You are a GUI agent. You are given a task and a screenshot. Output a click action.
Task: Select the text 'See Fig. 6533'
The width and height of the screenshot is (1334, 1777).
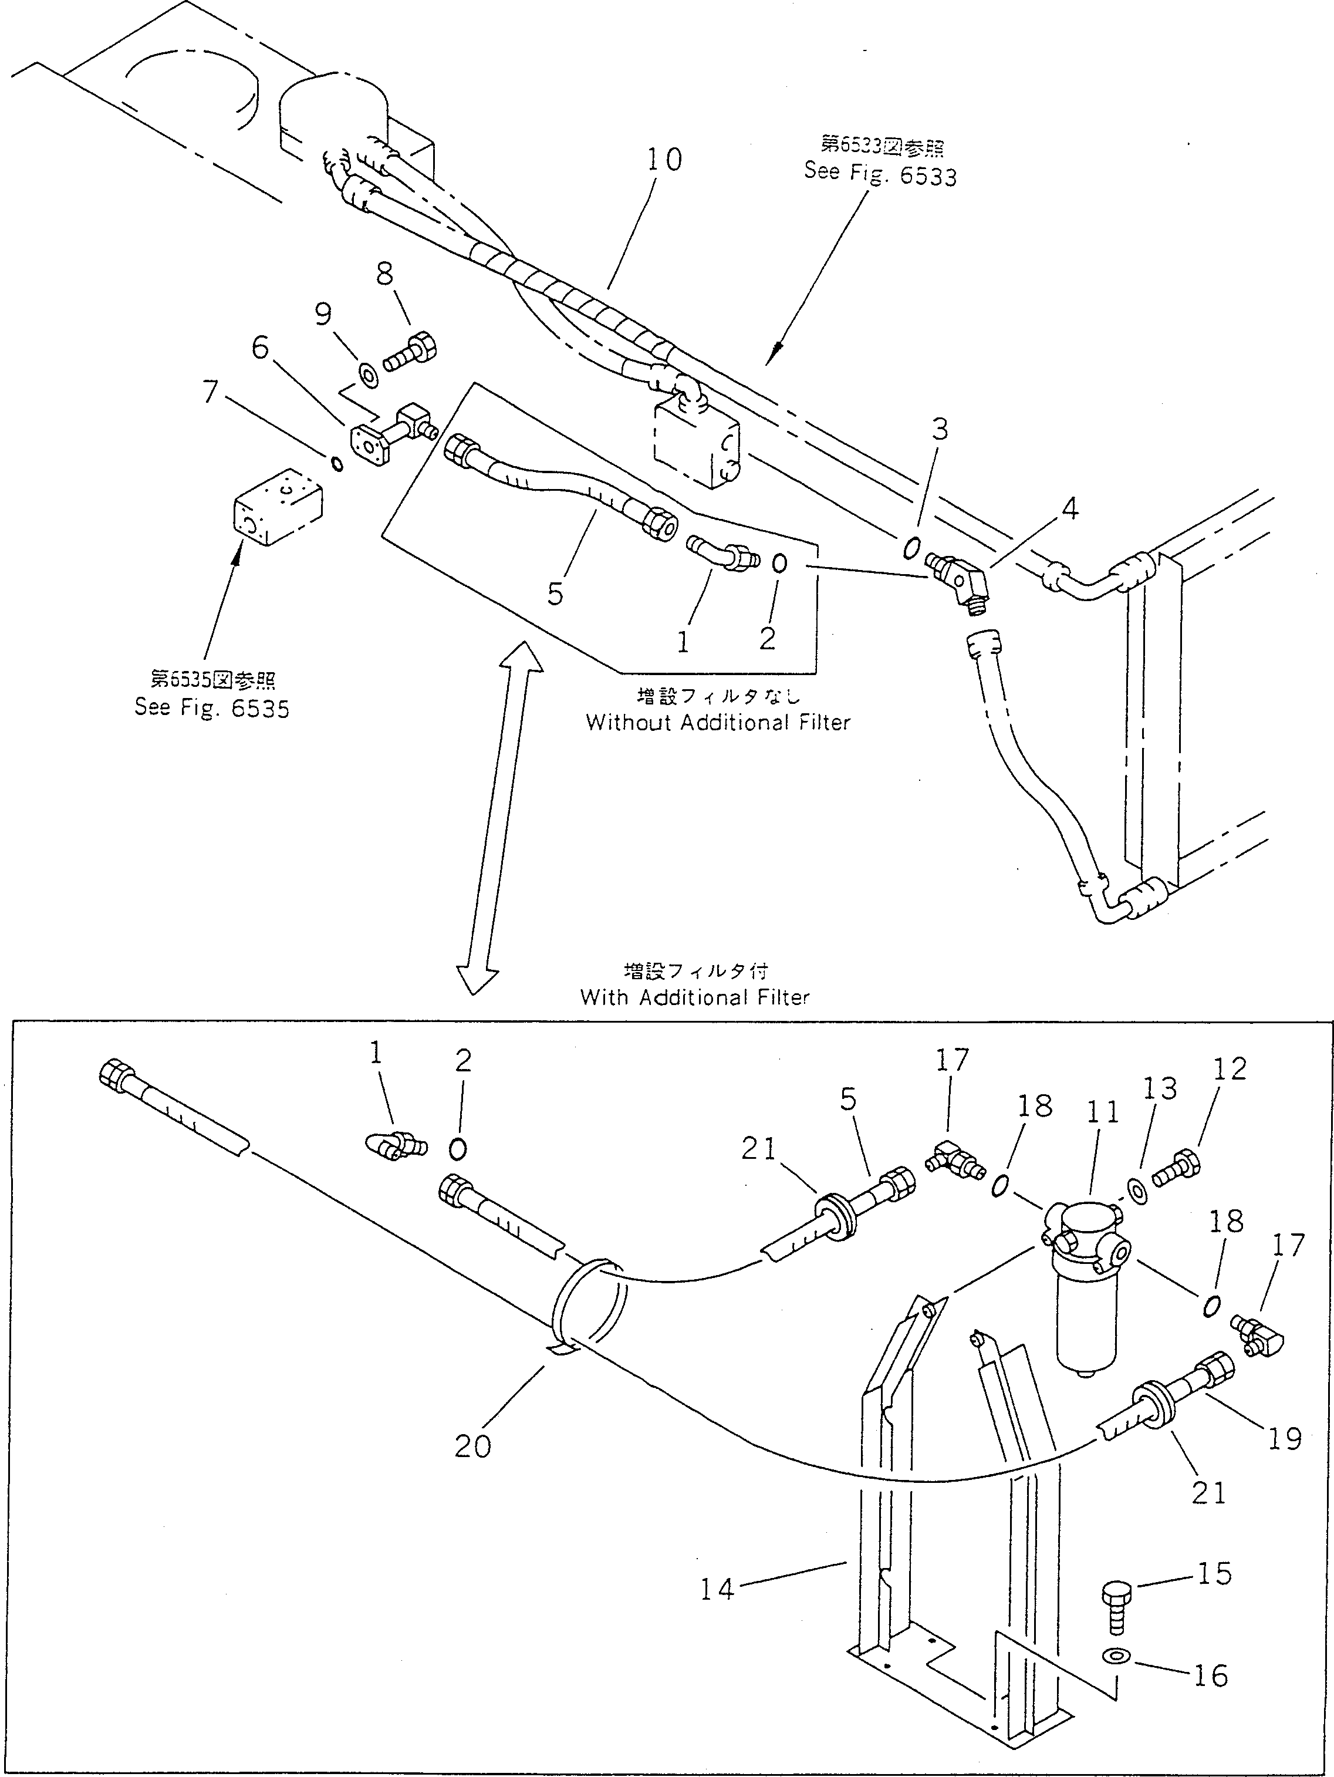(x=880, y=174)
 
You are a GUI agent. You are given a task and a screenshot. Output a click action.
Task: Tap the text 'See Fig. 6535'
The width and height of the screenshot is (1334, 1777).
(x=212, y=709)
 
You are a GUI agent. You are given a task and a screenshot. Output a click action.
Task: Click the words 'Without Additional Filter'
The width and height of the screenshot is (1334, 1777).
(x=717, y=722)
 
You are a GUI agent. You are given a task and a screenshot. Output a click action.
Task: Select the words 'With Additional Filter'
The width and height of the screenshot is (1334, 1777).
(x=695, y=998)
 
